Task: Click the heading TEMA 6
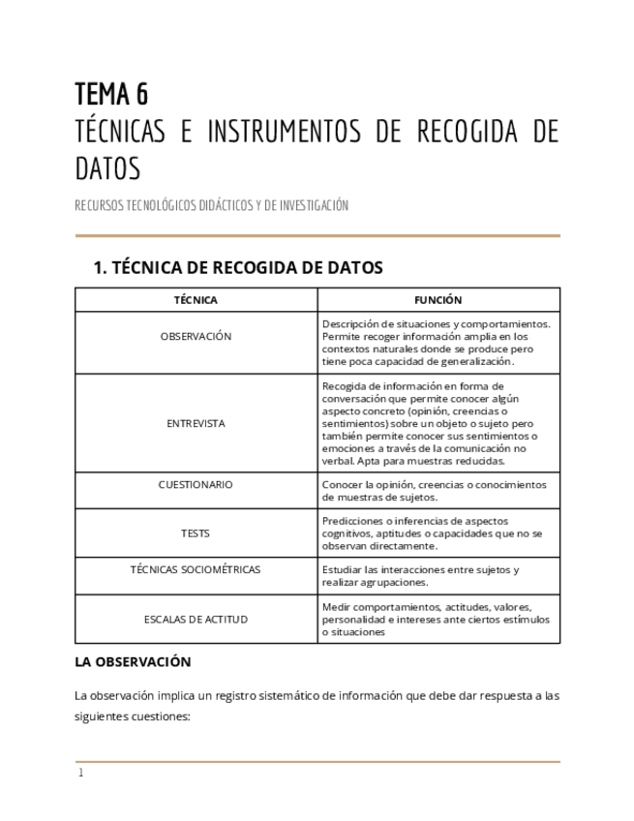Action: tap(111, 94)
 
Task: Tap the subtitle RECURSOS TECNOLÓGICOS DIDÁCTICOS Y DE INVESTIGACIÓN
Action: tap(211, 205)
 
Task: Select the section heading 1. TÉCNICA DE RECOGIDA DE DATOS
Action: tap(237, 267)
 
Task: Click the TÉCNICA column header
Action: tap(196, 300)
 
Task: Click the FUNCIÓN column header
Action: tap(438, 300)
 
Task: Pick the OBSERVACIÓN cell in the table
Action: tap(196, 336)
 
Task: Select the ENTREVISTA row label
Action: tap(196, 423)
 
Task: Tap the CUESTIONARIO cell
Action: tap(196, 484)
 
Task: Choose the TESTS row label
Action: tap(196, 532)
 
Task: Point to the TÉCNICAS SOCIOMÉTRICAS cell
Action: tap(196, 569)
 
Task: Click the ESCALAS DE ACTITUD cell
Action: tap(196, 619)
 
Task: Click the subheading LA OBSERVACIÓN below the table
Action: tap(133, 662)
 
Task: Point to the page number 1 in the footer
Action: tap(81, 774)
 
